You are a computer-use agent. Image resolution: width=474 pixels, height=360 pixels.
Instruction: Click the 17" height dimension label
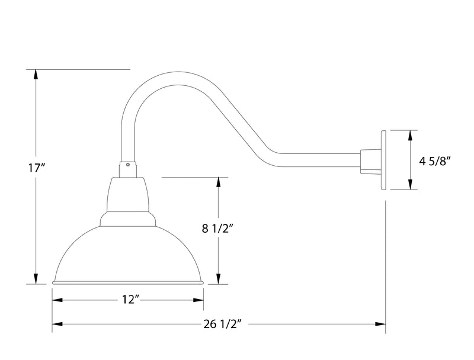(37, 168)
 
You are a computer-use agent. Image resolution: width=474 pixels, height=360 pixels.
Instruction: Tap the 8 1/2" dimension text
(219, 228)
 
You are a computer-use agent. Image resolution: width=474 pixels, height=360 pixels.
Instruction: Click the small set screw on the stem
(128, 164)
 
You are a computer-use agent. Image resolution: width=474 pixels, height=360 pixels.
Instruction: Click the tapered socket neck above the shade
(128, 195)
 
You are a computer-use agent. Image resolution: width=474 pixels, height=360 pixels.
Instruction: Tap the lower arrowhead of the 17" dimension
(37, 279)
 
